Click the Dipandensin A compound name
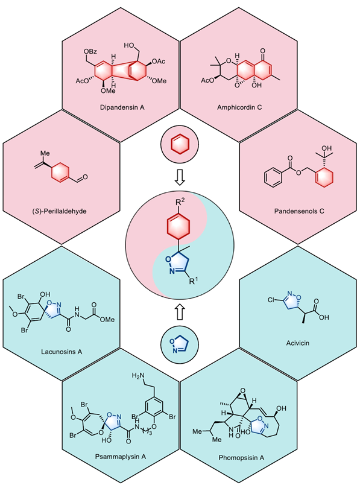(122, 107)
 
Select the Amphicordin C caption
(239, 107)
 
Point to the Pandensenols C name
(299, 211)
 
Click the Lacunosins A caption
(62, 352)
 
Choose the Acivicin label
(298, 343)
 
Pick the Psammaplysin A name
(121, 457)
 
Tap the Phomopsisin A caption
(241, 457)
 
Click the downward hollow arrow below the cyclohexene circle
(180, 179)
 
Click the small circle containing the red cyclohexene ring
(180, 145)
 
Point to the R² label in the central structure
(180, 203)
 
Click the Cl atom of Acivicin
(271, 300)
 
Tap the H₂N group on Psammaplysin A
(138, 376)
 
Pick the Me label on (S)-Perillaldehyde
(45, 153)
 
